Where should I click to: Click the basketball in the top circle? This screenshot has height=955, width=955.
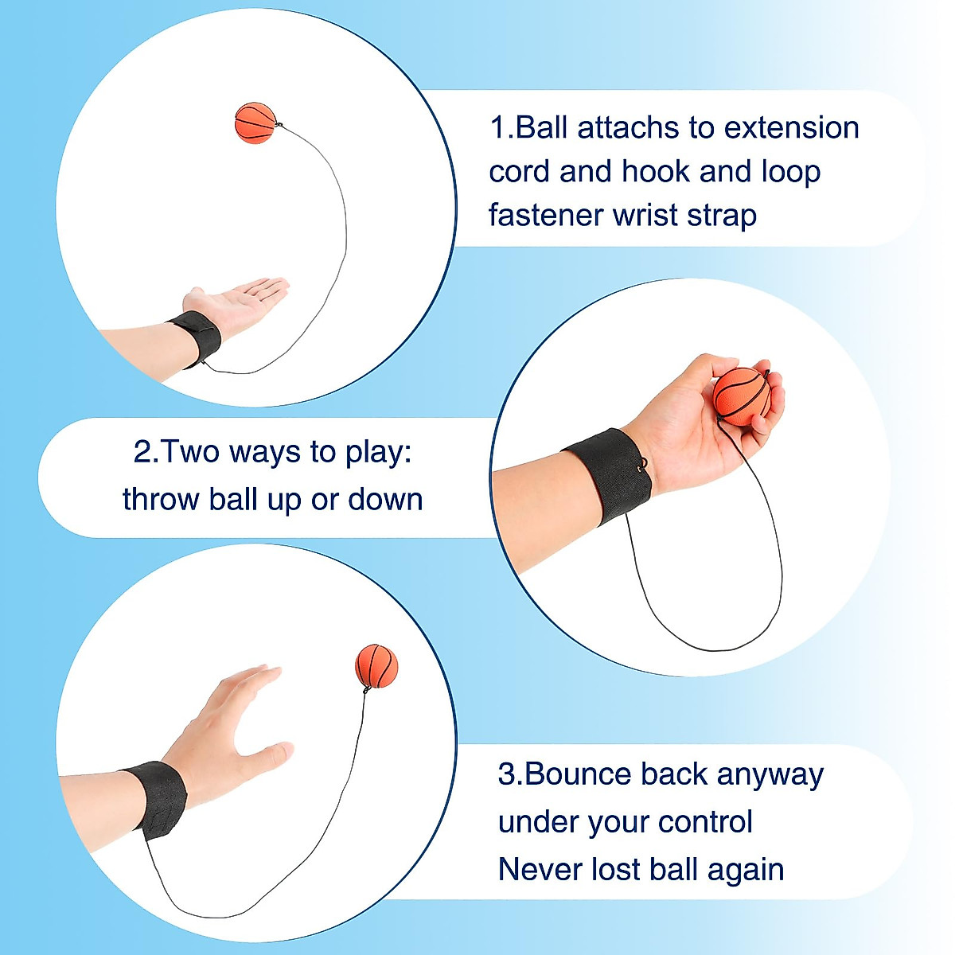pos(255,123)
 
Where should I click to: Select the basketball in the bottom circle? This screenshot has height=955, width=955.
pos(376,665)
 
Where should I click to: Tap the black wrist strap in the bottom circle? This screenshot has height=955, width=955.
pos(156,798)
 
